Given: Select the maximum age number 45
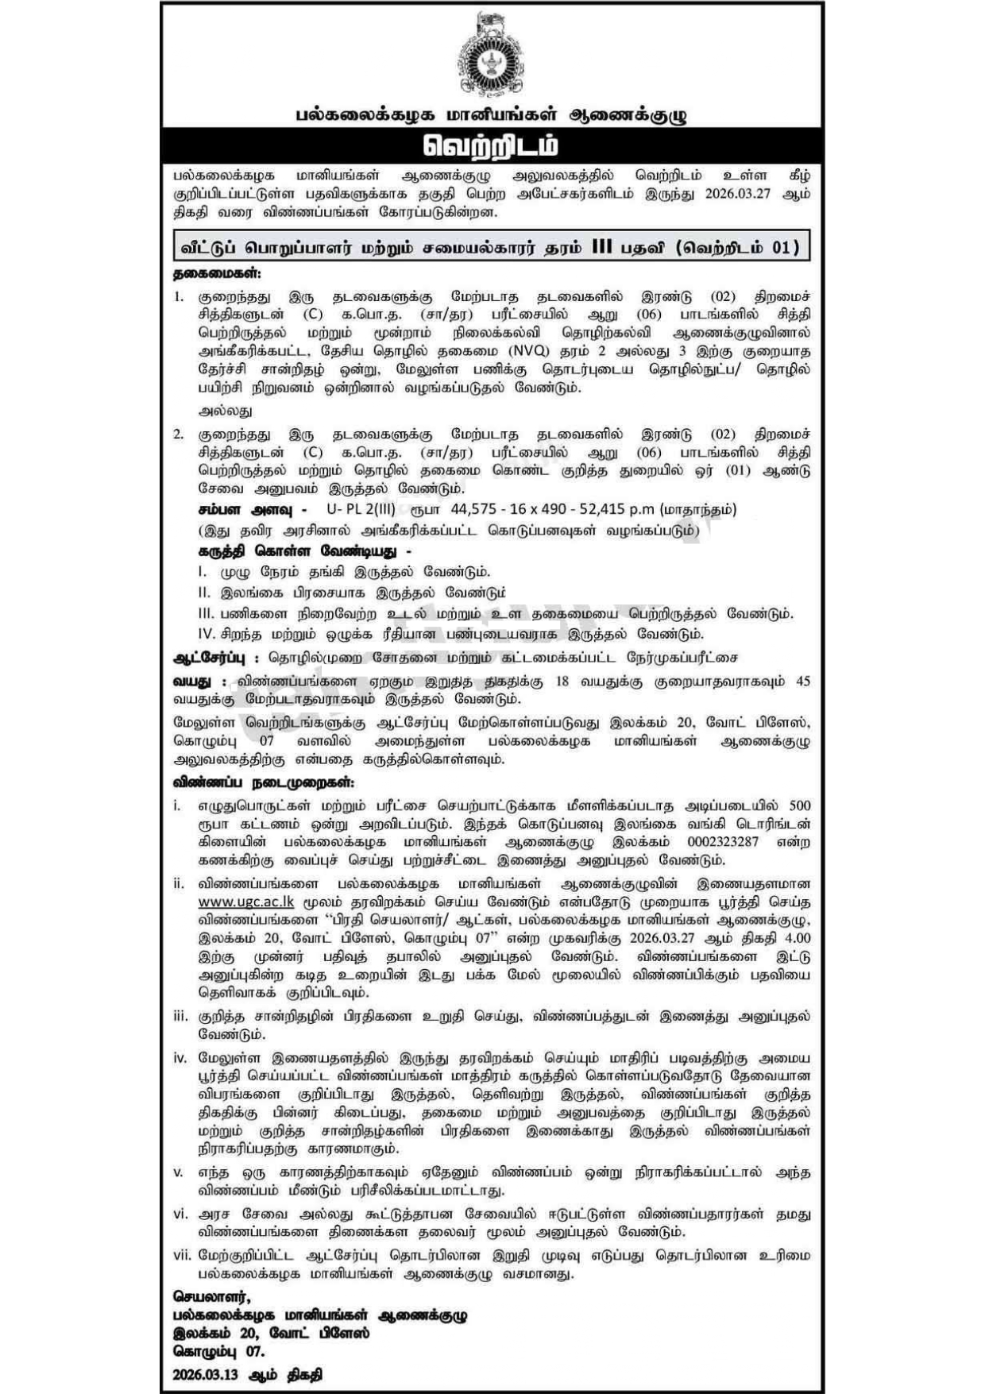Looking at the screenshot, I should [x=802, y=682].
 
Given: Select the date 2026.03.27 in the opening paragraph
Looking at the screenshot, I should [x=739, y=195].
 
